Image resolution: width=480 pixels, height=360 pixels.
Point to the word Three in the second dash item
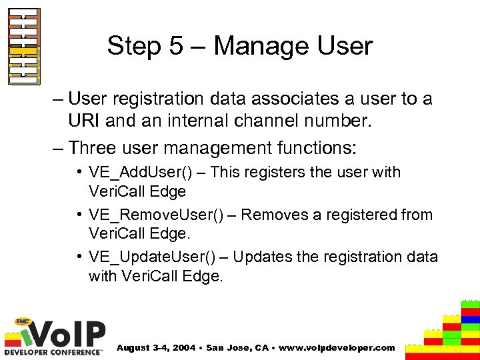pyautogui.click(x=94, y=146)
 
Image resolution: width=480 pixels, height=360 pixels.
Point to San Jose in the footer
pyautogui.click(x=229, y=347)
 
